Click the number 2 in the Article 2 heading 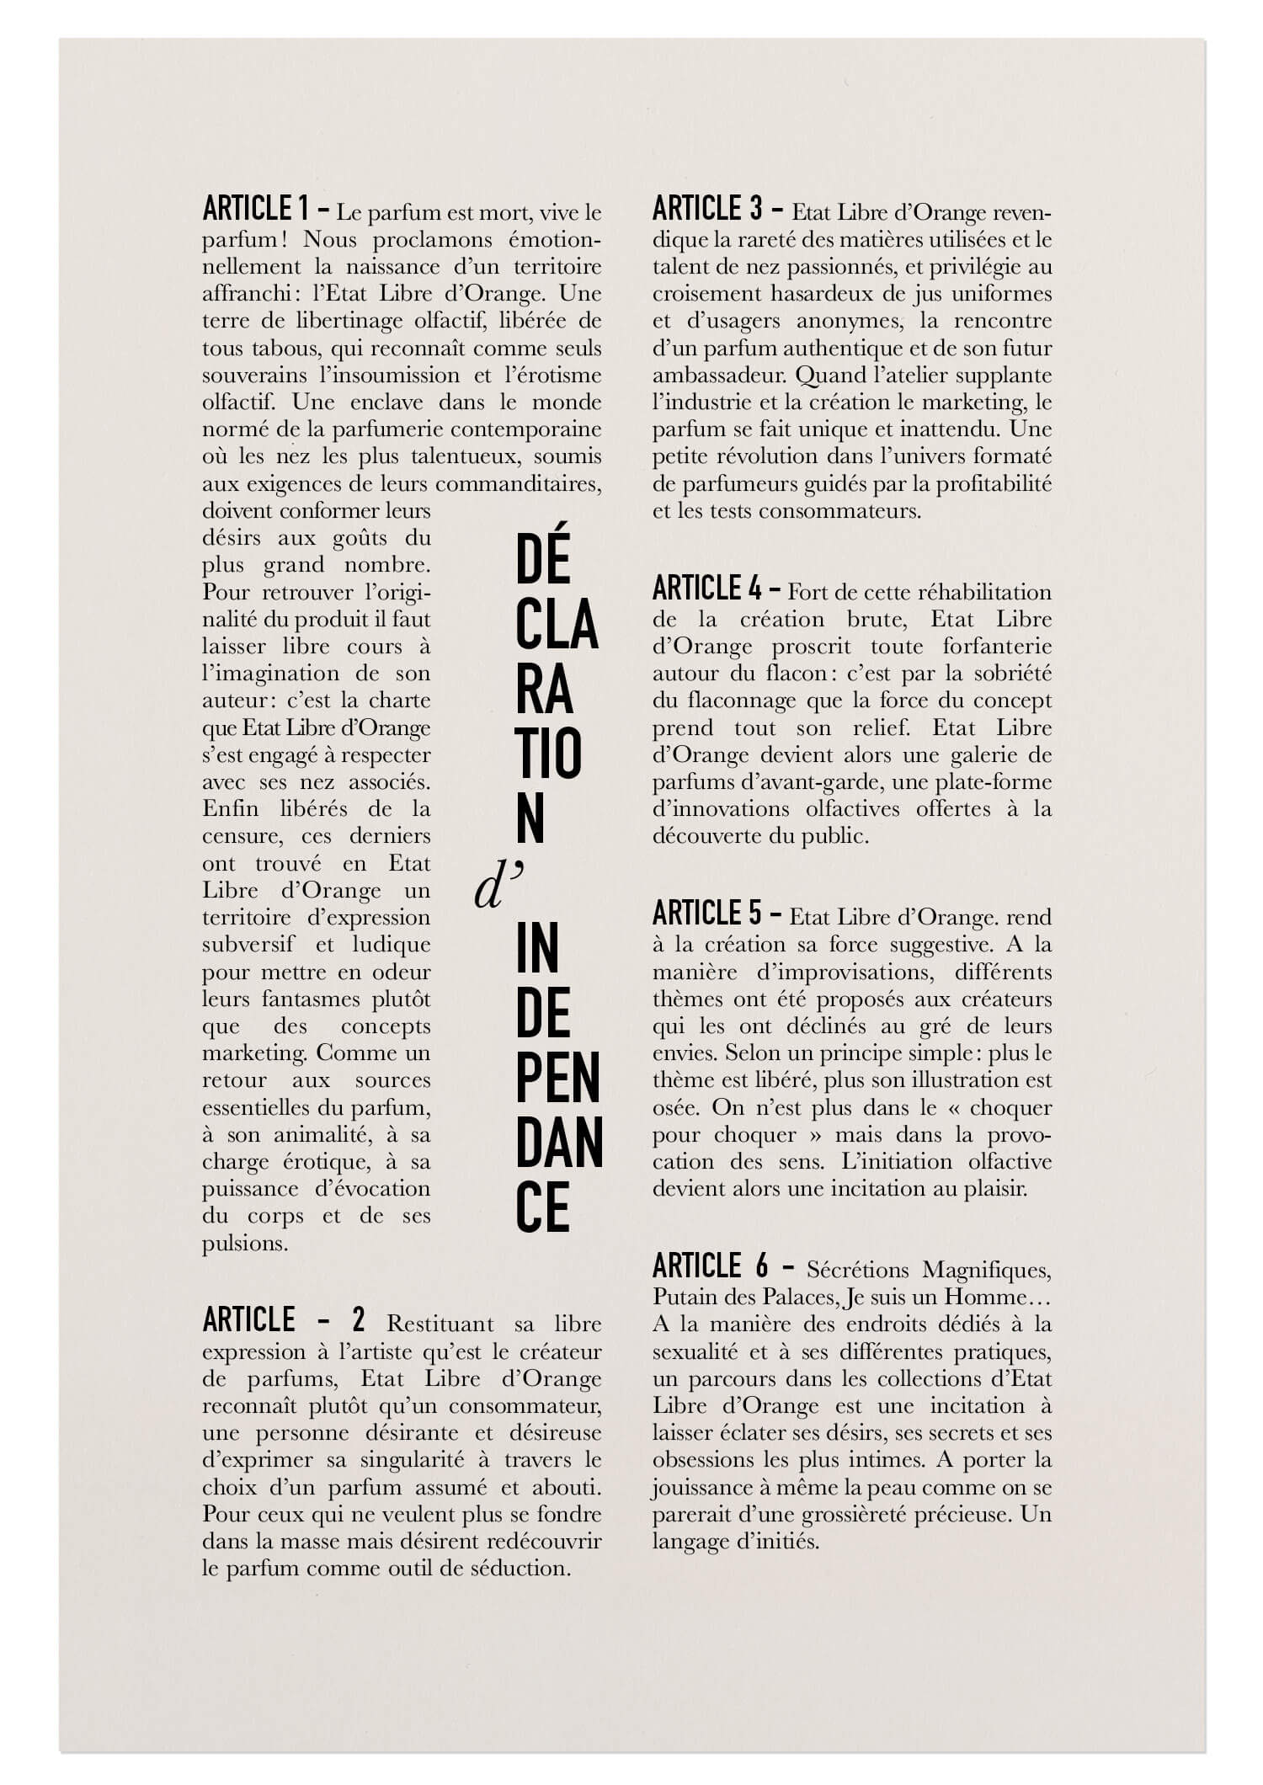(x=359, y=1320)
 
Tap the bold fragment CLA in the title (x=557, y=626)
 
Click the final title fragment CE (x=543, y=1209)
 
